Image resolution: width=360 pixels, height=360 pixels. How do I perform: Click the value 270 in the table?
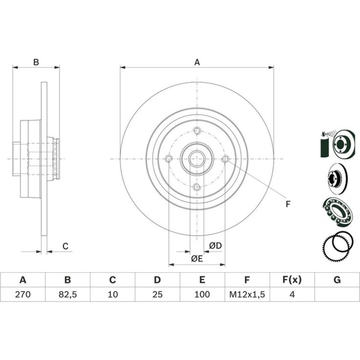(23, 295)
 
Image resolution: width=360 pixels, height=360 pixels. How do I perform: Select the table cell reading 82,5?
(67, 295)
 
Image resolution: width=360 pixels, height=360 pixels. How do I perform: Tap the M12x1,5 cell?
(247, 295)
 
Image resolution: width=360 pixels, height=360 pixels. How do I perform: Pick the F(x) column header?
(292, 280)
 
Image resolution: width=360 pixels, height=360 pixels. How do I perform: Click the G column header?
(337, 280)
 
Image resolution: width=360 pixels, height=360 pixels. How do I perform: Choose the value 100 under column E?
(202, 295)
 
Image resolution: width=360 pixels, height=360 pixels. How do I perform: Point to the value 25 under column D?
(157, 295)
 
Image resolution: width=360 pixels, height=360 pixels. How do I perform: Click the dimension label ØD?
(216, 245)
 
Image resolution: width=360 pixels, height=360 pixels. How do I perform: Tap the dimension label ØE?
(197, 259)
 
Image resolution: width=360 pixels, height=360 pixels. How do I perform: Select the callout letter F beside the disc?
(288, 204)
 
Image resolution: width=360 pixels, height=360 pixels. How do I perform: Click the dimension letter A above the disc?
(197, 62)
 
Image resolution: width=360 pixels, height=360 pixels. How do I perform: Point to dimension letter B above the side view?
(36, 62)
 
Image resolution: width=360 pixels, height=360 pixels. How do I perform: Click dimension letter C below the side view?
(65, 246)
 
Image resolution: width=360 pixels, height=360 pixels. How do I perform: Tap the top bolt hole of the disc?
(197, 130)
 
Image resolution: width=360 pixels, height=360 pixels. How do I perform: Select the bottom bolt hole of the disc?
(197, 187)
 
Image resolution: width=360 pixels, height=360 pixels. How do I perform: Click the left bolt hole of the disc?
(169, 158)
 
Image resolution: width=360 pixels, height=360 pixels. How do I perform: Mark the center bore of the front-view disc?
(197, 159)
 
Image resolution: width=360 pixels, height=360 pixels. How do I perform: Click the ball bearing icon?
(337, 211)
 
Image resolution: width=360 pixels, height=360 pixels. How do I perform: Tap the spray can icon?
(324, 144)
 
